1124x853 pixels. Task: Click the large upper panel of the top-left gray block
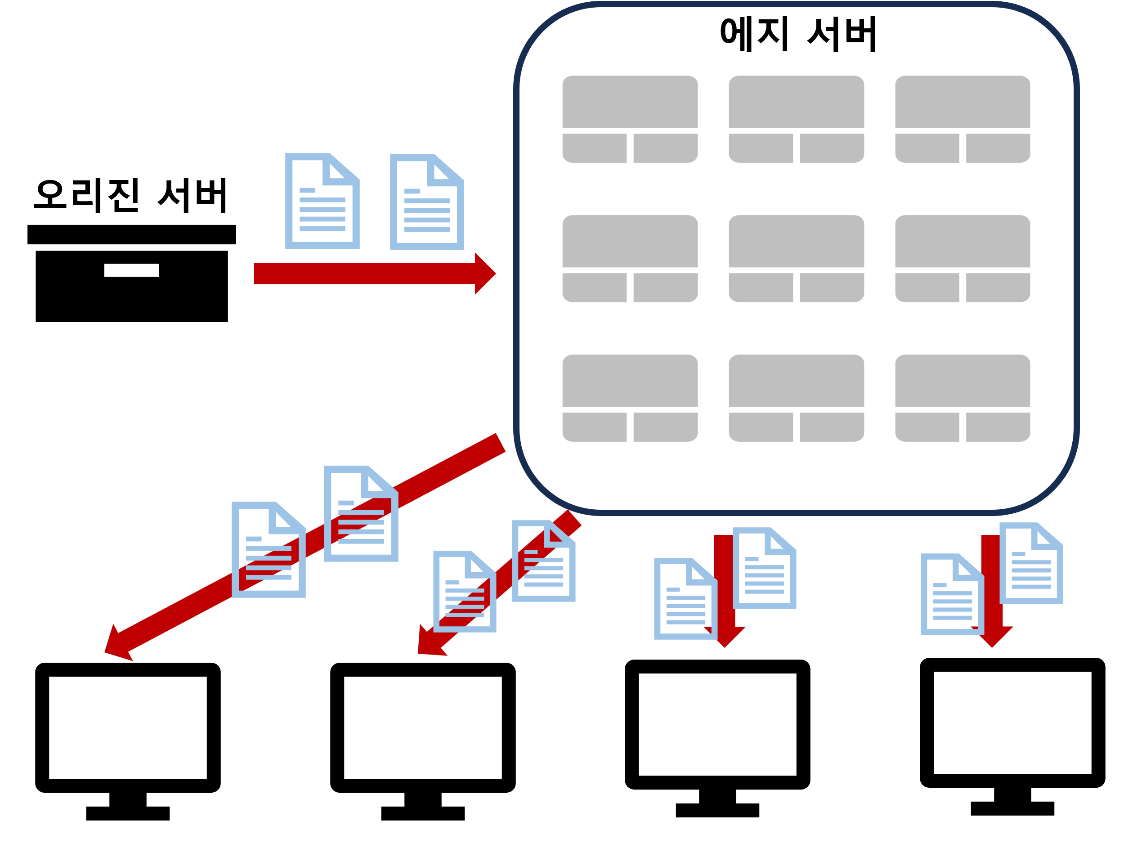(630, 102)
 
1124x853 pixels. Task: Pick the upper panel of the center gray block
(796, 241)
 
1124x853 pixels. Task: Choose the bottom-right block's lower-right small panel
(998, 426)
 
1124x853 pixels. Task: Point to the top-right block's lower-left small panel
(927, 148)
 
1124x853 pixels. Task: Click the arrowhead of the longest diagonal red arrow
(116, 645)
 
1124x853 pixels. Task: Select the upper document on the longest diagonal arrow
(361, 514)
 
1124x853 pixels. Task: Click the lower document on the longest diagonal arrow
(269, 550)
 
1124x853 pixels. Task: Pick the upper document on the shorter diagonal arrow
(543, 561)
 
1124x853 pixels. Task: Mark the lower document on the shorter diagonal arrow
(465, 592)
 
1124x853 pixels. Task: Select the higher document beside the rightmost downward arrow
(1031, 563)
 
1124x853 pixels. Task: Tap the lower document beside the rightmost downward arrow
(952, 594)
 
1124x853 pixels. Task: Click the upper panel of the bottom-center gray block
(796, 380)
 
